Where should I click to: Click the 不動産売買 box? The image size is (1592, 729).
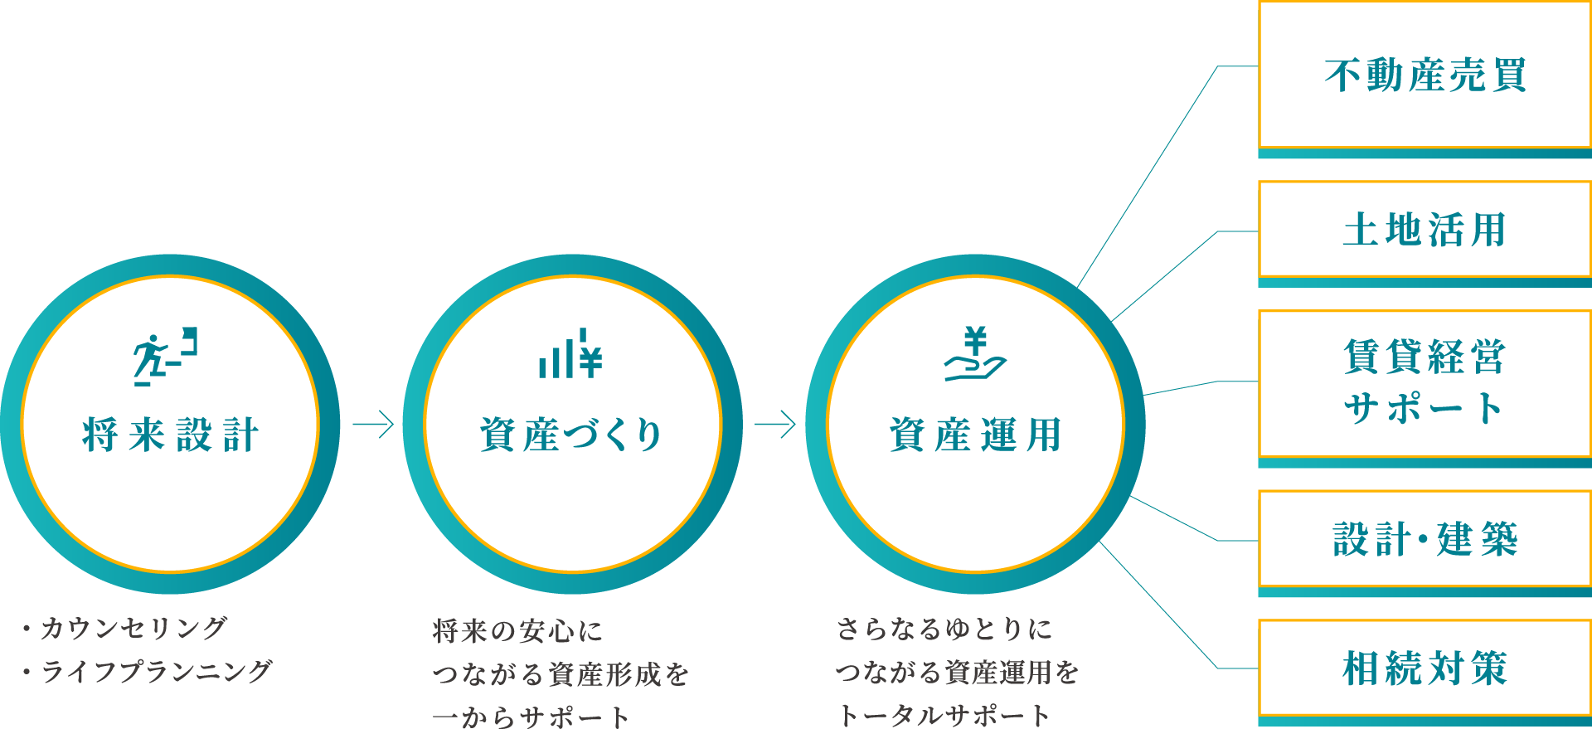coord(1425,75)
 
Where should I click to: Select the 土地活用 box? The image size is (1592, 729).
coord(1425,230)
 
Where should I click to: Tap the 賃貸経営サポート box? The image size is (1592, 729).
coord(1425,382)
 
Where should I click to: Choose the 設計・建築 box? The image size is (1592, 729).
coord(1425,539)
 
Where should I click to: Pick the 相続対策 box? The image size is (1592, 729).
coord(1425,668)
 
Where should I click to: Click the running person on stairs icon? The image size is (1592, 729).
coord(166,357)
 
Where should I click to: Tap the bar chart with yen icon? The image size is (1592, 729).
coord(570,355)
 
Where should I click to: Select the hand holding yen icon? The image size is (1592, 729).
coord(975,355)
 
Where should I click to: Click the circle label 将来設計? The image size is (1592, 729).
coord(171,435)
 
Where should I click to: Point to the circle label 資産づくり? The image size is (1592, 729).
coord(571,435)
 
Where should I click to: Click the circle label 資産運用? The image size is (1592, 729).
coord(975,435)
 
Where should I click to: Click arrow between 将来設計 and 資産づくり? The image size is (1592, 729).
coord(372,425)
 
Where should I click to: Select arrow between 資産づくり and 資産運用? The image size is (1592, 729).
coord(774,425)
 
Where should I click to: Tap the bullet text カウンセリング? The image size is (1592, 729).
coord(133,628)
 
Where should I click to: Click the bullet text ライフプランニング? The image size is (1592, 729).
coord(156,671)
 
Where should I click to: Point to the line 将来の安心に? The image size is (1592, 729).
coord(517,631)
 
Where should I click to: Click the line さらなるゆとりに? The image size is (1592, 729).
coord(944,629)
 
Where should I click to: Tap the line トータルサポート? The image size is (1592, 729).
coord(944,715)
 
